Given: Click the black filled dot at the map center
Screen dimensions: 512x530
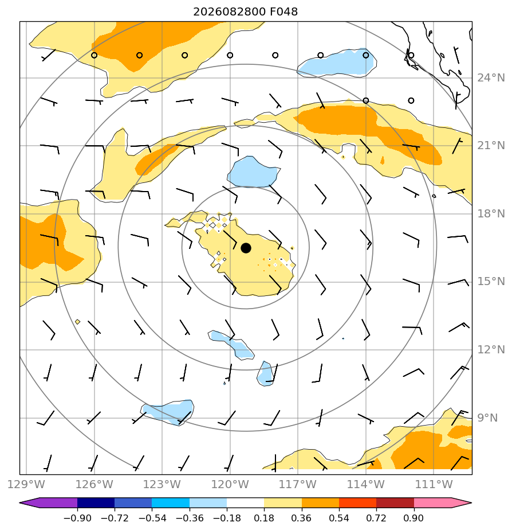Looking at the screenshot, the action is [x=246, y=248].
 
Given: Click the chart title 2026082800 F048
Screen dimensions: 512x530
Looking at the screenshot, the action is [x=245, y=12].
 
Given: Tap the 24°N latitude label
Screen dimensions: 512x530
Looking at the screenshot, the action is [x=491, y=78].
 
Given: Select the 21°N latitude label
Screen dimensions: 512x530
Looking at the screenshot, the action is [x=491, y=146].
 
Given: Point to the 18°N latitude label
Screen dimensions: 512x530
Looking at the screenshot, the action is [x=491, y=213].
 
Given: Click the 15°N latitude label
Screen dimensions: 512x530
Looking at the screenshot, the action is [x=491, y=282].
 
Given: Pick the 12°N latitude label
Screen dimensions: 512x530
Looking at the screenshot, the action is [x=491, y=349].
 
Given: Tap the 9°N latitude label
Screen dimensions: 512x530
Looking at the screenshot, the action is [x=487, y=418].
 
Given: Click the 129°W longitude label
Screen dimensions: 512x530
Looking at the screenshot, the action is [x=26, y=484].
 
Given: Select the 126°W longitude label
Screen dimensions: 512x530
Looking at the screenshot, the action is [x=94, y=484].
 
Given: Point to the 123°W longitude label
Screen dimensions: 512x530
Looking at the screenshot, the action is [x=162, y=484].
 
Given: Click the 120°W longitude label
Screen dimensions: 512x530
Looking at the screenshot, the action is [x=230, y=484].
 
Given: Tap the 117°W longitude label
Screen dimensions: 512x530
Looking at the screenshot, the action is [x=298, y=484].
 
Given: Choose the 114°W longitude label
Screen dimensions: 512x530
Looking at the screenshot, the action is [x=366, y=484].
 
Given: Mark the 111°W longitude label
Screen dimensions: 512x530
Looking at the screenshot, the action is [x=434, y=484].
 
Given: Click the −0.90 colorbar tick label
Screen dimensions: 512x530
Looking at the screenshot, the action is [x=77, y=518].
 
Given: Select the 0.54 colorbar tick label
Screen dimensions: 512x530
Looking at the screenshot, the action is [x=339, y=518].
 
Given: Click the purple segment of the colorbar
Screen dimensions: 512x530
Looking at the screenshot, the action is [x=49, y=503].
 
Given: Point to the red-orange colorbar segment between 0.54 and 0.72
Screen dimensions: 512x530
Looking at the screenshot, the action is [x=357, y=503].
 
